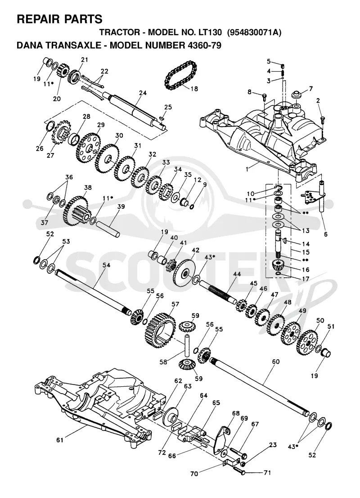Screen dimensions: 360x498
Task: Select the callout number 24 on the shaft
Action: click(143, 93)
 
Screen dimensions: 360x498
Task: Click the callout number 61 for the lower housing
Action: click(60, 440)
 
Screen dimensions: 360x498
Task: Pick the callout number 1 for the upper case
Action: click(247, 169)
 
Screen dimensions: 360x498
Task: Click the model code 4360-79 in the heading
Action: click(202, 45)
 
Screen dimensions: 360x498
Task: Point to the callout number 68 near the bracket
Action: click(235, 413)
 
